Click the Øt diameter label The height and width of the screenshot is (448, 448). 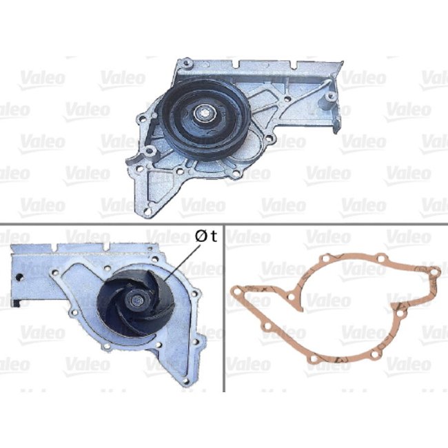click(205, 236)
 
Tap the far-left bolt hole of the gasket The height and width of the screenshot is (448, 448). click(236, 292)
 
